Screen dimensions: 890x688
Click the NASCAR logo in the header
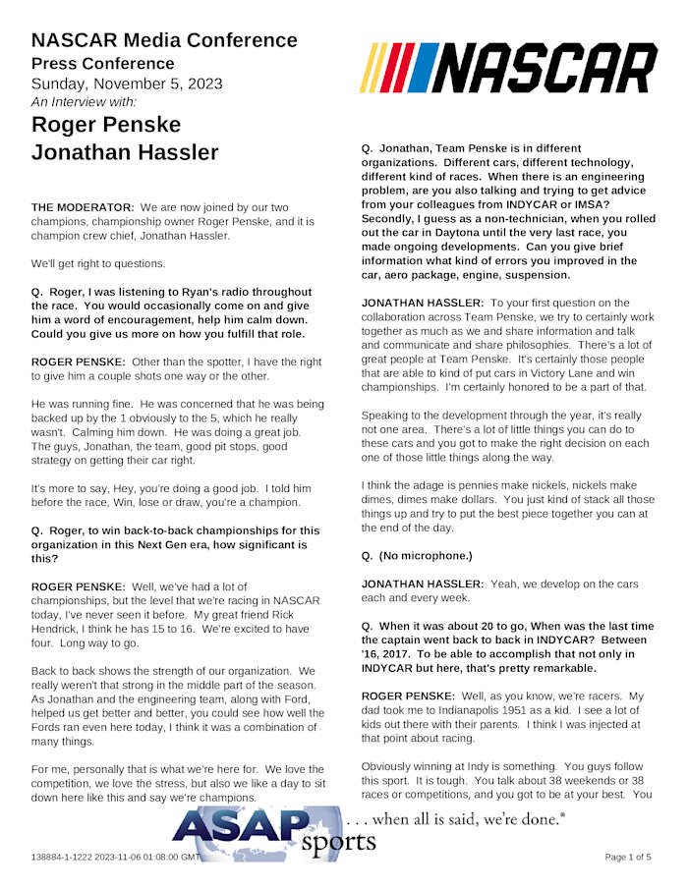(508, 68)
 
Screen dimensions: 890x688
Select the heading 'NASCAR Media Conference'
(164, 40)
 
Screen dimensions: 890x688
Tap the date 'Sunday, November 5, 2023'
(127, 83)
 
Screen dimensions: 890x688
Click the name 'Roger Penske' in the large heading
(106, 126)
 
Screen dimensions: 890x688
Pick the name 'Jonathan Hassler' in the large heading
(125, 153)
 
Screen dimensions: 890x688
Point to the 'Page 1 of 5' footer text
(627, 858)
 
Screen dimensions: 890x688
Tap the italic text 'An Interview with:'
(85, 101)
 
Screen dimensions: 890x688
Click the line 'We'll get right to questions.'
(98, 263)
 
